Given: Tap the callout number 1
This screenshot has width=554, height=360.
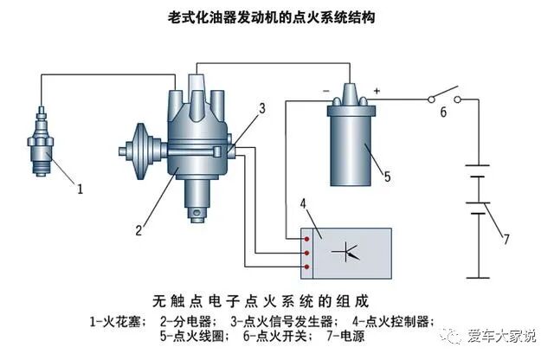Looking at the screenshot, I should click(x=81, y=186).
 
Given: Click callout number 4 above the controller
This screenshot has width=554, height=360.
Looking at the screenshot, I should click(x=304, y=204).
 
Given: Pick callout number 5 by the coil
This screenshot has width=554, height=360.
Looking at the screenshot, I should click(x=387, y=176).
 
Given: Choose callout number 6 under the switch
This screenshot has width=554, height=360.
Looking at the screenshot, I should click(x=443, y=112).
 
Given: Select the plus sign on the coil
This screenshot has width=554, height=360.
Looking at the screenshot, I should click(x=378, y=88).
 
